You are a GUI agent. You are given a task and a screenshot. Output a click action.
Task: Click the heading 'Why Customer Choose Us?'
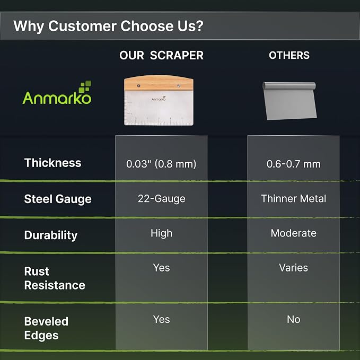(108, 26)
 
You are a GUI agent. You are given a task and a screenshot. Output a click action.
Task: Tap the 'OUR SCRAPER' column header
(161, 55)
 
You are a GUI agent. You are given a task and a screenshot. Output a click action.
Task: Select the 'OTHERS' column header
(289, 55)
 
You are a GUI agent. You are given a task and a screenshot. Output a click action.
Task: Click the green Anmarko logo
(57, 93)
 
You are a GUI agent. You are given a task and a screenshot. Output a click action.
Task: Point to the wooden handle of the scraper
(159, 83)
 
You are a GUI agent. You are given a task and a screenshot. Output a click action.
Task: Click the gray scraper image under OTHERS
(289, 101)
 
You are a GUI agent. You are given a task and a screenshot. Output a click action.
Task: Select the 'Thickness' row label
(53, 163)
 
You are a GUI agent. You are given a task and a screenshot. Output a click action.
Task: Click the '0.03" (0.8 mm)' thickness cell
(161, 164)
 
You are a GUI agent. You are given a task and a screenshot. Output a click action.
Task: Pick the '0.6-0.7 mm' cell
(293, 164)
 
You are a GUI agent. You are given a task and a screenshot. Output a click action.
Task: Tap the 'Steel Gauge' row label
(58, 199)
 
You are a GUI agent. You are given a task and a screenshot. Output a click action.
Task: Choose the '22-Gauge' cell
(161, 199)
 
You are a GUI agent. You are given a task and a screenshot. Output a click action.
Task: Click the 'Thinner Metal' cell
(293, 199)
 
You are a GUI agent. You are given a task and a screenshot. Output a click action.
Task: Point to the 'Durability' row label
(51, 235)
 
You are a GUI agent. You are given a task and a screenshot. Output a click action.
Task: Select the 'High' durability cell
(161, 233)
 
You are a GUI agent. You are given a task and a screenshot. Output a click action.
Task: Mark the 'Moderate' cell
(293, 233)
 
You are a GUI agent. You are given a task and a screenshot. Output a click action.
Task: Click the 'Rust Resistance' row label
(55, 278)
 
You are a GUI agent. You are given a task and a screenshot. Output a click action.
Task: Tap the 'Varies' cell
(293, 268)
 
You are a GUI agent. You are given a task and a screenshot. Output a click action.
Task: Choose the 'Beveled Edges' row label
(46, 328)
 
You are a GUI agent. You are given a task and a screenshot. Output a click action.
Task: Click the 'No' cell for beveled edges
(293, 319)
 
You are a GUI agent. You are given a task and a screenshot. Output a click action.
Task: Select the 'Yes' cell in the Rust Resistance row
(161, 268)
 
